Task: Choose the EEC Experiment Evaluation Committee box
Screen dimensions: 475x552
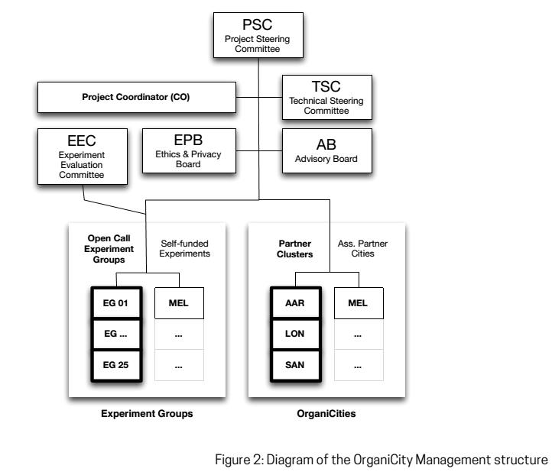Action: pos(81,155)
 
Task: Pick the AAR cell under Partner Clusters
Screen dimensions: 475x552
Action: pos(296,304)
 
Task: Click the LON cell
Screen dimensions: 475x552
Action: pos(296,334)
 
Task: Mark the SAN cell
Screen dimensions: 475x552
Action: pos(296,365)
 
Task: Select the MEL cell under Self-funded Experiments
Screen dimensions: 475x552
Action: pos(179,304)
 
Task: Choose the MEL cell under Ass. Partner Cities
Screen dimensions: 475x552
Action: pos(358,304)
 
